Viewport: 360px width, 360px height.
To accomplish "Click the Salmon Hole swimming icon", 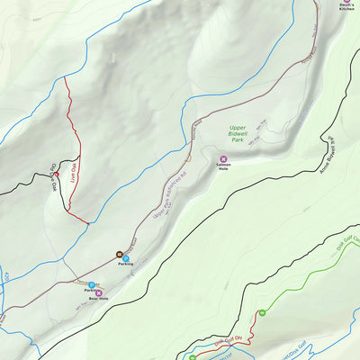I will (223, 159).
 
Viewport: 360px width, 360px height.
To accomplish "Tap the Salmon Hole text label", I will (223, 167).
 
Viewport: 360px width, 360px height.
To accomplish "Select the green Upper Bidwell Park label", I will (237, 134).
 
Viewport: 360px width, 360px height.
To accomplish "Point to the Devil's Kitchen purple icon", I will (346, 1).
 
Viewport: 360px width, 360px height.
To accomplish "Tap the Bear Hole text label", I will (98, 298).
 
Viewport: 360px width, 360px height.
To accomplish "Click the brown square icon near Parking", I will (118, 254).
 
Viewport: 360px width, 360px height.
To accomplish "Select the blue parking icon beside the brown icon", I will (126, 259).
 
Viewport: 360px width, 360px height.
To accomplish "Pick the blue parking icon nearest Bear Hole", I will (92, 285).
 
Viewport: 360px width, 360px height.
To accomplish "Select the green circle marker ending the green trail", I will (261, 312).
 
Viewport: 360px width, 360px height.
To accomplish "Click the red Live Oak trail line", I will (68, 135).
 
